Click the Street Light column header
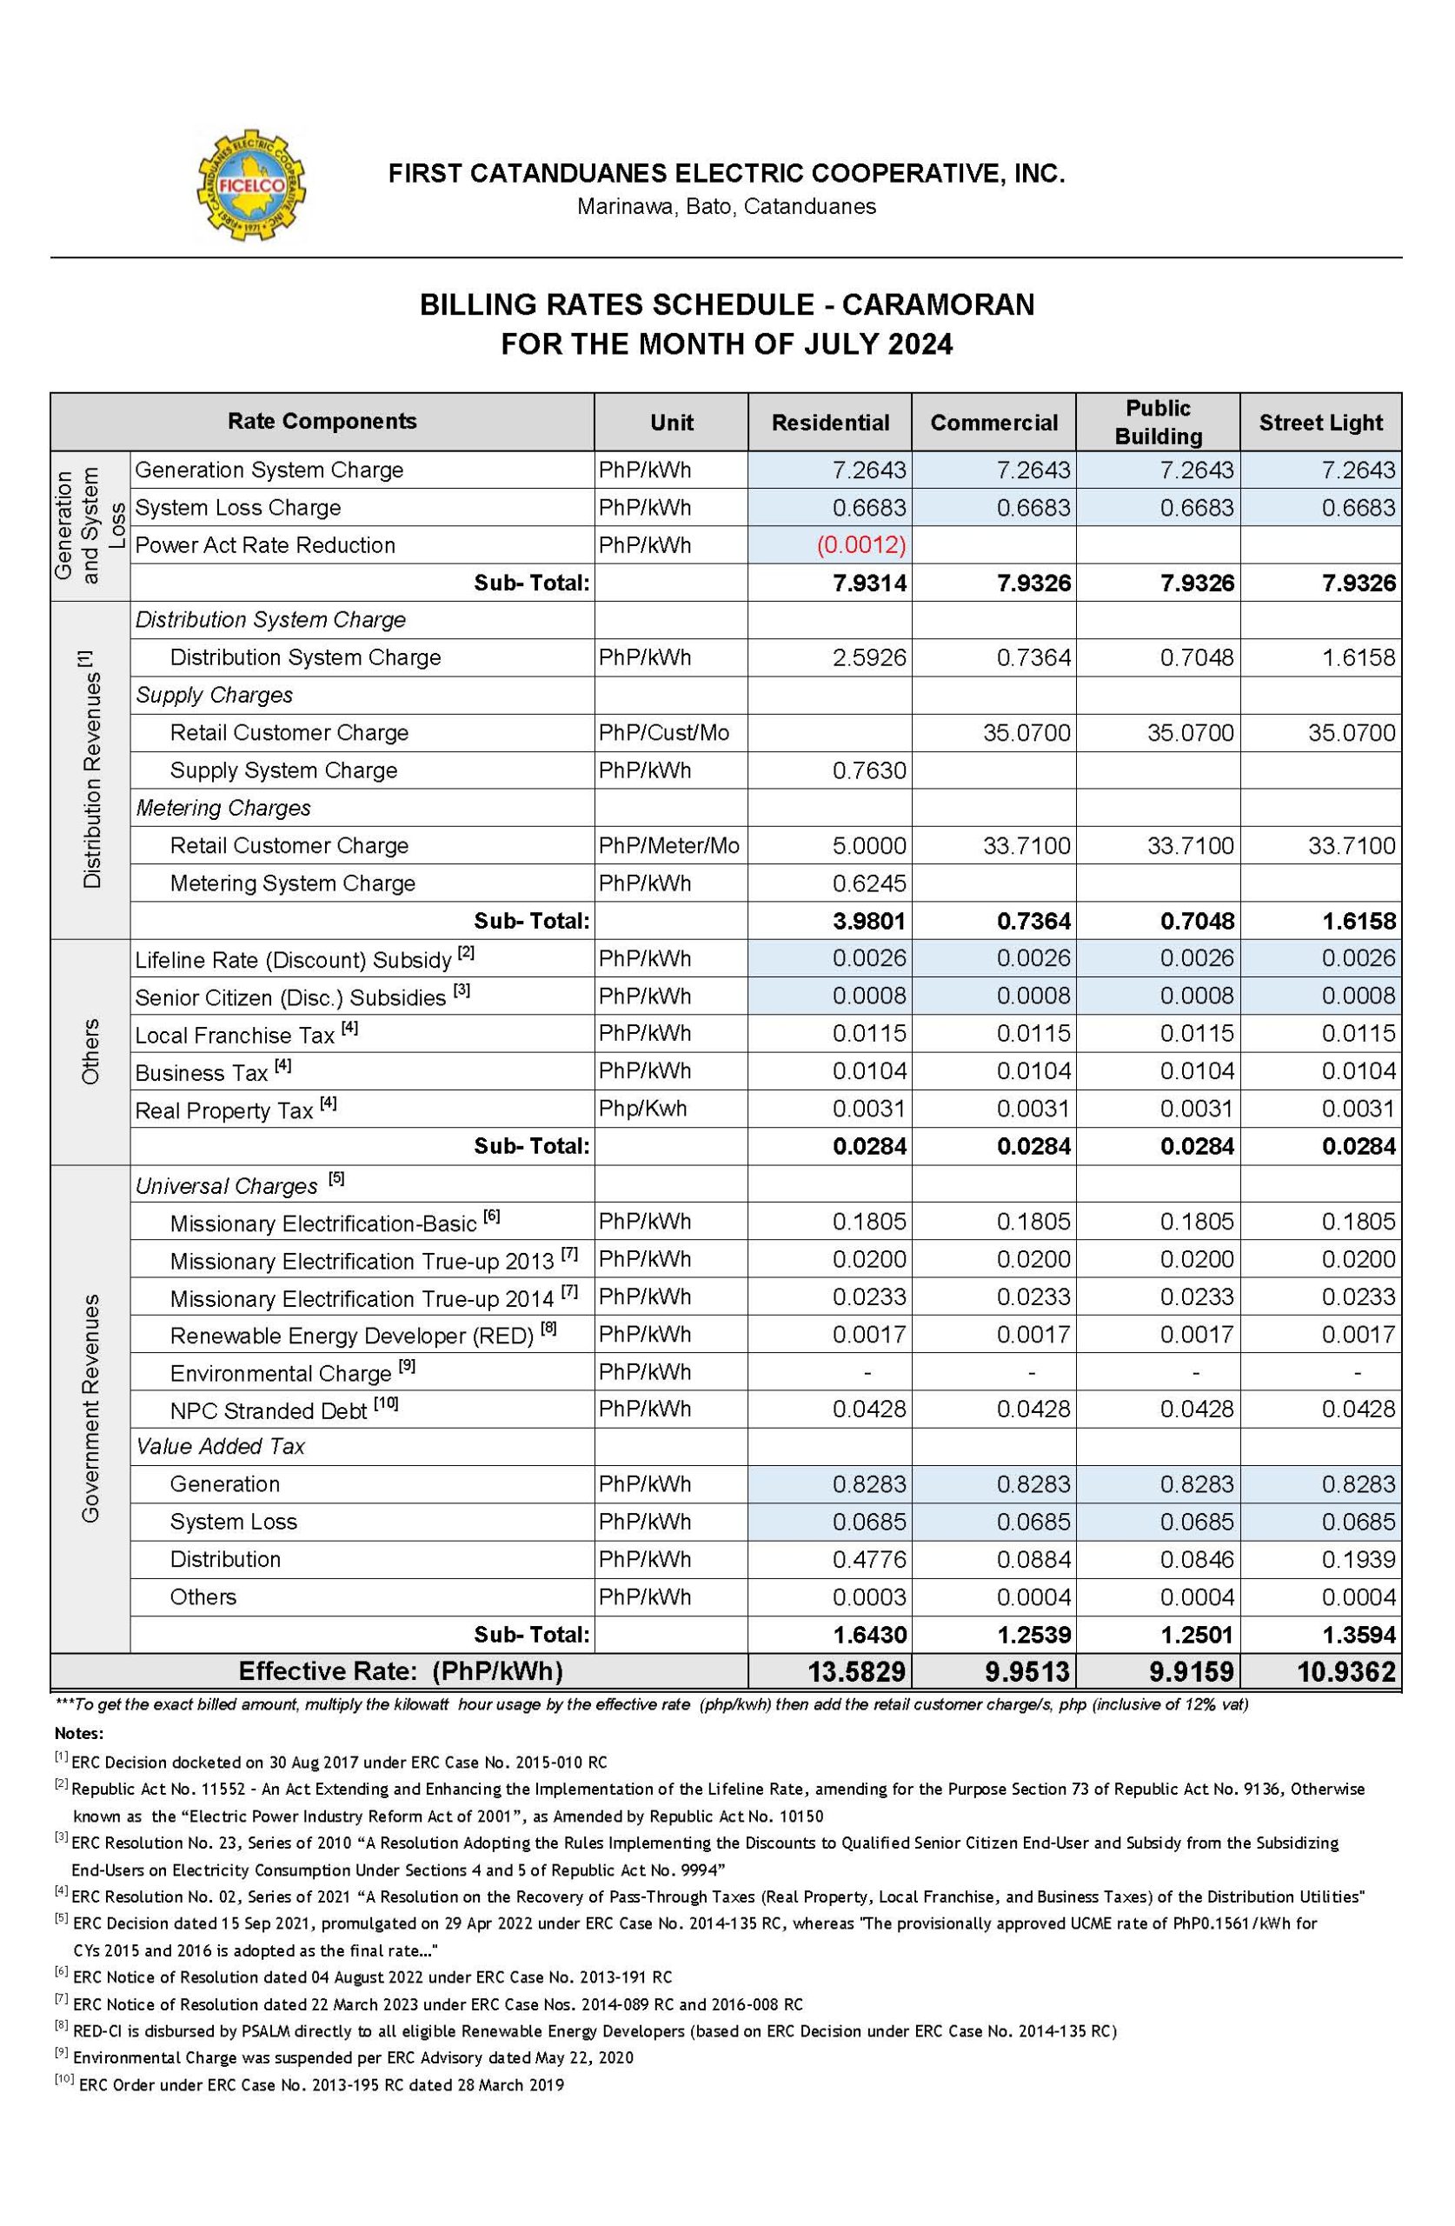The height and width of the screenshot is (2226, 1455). [x=1319, y=423]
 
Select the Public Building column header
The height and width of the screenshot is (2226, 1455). [x=1158, y=422]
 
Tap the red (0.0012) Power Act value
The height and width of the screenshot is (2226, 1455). [x=860, y=545]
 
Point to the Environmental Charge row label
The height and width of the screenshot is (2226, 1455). [x=280, y=1373]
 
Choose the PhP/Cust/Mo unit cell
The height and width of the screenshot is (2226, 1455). [x=663, y=732]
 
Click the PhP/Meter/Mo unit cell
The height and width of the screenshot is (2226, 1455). [x=668, y=845]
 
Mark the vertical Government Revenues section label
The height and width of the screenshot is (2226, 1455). [x=90, y=1408]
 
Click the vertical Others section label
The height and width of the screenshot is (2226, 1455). [x=90, y=1051]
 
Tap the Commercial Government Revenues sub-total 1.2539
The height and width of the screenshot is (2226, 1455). [x=1033, y=1635]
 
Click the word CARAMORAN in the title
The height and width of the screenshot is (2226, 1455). [x=938, y=305]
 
